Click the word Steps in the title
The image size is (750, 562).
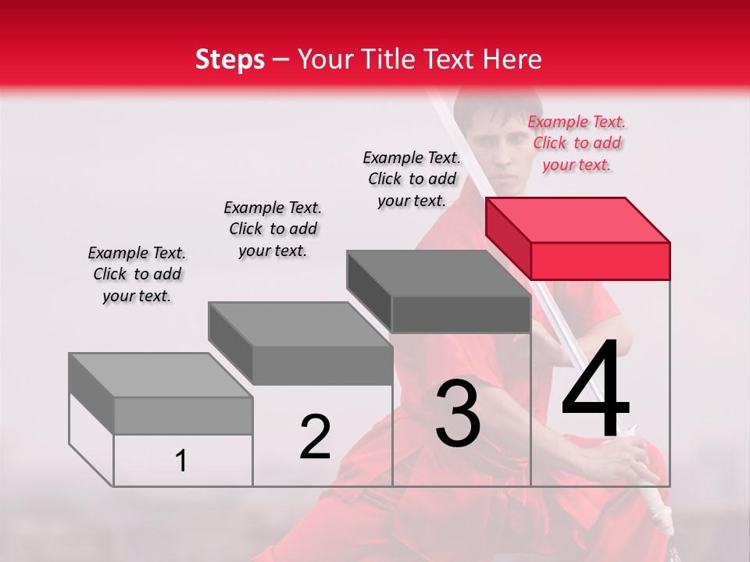230,59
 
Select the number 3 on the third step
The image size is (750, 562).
458,414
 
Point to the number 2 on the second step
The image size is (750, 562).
315,437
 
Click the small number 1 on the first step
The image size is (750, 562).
181,461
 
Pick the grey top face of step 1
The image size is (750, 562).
161,375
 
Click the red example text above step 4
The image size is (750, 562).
577,143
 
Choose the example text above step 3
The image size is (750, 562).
412,179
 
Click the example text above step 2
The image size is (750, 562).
273,229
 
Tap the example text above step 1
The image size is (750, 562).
137,274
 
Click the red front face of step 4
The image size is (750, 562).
600,261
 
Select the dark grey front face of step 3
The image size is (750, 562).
461,315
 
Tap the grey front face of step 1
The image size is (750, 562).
183,415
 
